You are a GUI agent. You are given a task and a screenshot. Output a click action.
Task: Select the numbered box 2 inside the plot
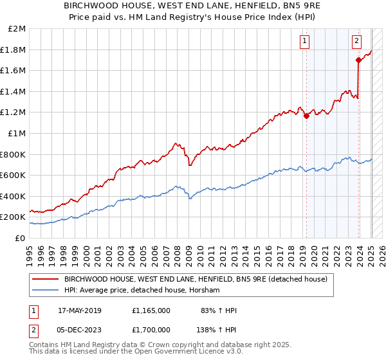[x=356, y=42]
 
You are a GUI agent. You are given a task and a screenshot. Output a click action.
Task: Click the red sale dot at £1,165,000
[x=306, y=116]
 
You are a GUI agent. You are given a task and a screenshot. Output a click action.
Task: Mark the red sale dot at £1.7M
[x=358, y=60]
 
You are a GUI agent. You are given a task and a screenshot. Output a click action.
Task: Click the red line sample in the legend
[x=46, y=279]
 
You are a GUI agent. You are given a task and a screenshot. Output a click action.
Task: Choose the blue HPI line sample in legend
[x=46, y=291]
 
